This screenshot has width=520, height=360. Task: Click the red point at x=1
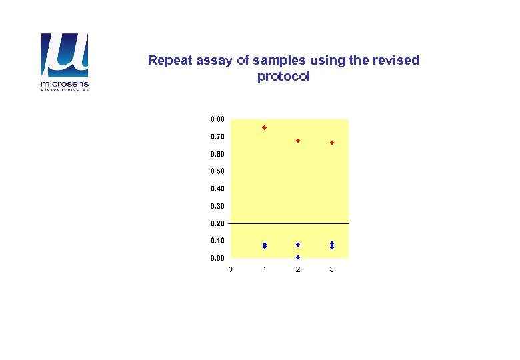[265, 127]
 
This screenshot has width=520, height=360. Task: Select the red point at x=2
[298, 141]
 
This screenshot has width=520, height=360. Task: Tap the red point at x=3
[332, 143]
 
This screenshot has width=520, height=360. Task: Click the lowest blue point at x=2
[298, 257]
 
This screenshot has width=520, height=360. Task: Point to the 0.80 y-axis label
[217, 119]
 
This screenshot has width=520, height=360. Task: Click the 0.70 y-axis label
[217, 137]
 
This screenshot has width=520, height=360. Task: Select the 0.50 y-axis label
[217, 171]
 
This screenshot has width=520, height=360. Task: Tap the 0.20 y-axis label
[217, 223]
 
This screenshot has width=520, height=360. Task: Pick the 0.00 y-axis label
[217, 258]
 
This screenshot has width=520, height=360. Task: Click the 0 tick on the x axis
[231, 269]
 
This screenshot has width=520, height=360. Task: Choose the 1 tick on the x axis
[265, 269]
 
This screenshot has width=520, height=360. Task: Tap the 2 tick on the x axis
[298, 269]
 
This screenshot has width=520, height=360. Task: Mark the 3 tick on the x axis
[332, 269]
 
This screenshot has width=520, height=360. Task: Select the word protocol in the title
[283, 77]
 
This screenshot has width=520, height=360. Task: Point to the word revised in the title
[397, 61]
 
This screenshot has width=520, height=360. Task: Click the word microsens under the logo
[65, 85]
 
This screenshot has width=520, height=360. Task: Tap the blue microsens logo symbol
[64, 55]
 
